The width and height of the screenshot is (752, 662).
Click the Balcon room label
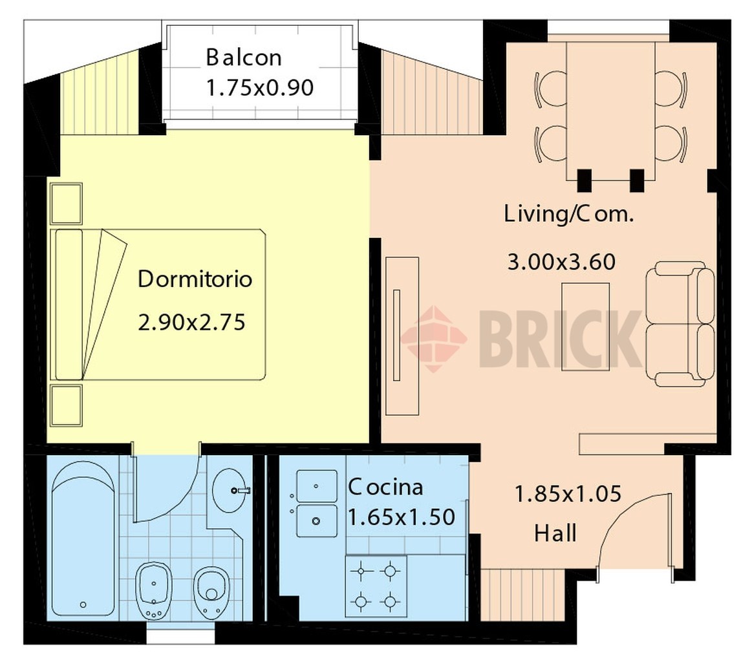pyautogui.click(x=244, y=58)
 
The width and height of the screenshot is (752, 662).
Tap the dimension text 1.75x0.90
pyautogui.click(x=259, y=88)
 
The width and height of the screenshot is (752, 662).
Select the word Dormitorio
pyautogui.click(x=195, y=279)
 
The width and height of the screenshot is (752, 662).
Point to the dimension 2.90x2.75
pyautogui.click(x=191, y=322)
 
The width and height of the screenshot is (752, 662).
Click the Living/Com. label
pyautogui.click(x=569, y=214)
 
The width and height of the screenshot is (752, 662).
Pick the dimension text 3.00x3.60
pyautogui.click(x=561, y=262)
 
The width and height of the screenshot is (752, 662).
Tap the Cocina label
pyautogui.click(x=385, y=487)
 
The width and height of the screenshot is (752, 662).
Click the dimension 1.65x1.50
pyautogui.click(x=401, y=517)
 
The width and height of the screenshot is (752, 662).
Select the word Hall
pyautogui.click(x=555, y=533)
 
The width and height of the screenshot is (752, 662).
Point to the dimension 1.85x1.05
pyautogui.click(x=568, y=494)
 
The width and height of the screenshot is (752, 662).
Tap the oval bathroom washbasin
pyautogui.click(x=230, y=490)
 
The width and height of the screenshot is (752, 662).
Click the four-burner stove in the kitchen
pyautogui.click(x=376, y=586)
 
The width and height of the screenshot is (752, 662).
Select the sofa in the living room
pyautogui.click(x=680, y=324)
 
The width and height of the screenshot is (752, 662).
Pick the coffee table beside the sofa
pyautogui.click(x=586, y=326)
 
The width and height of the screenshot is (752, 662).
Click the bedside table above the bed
pyautogui.click(x=66, y=203)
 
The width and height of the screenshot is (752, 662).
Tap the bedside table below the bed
pyautogui.click(x=66, y=405)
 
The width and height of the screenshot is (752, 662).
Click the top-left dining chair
pyautogui.click(x=550, y=89)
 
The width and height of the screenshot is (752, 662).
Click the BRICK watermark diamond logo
pyautogui.click(x=434, y=339)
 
